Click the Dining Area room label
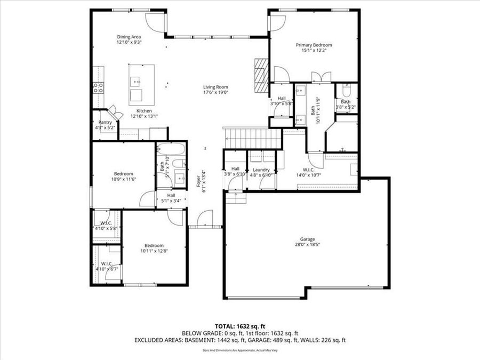[x=129, y=37]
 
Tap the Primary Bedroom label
[x=314, y=45]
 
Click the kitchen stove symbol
[x=99, y=88]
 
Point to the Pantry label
[x=105, y=122]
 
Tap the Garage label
[x=307, y=239]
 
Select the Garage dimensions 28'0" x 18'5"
[x=307, y=245]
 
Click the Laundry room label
[x=261, y=170]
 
